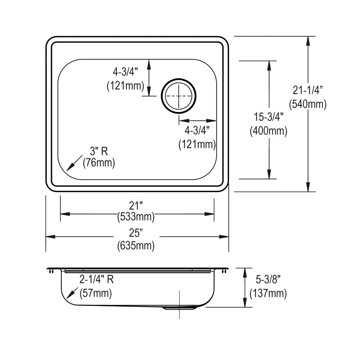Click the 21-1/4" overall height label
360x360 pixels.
pyautogui.click(x=307, y=90)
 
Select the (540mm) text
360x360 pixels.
pyautogui.click(x=307, y=104)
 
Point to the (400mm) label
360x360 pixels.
pyautogui.click(x=268, y=131)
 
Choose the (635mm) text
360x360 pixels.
pyautogui.click(x=136, y=246)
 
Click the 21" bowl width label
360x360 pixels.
pyautogui.click(x=136, y=206)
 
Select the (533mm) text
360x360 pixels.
pyautogui.click(x=136, y=216)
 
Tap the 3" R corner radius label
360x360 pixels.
pyautogui.click(x=99, y=151)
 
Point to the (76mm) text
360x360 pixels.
pyautogui.click(x=99, y=163)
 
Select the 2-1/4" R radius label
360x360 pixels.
pyautogui.click(x=96, y=280)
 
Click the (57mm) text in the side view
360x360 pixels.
pyautogui.click(x=96, y=293)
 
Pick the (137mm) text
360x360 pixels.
pyautogui.click(x=268, y=293)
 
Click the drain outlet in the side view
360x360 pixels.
pyautogui.click(x=179, y=308)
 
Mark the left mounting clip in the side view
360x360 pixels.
pyautogui.click(x=50, y=271)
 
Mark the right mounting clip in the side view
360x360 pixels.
pyautogui.click(x=224, y=271)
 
